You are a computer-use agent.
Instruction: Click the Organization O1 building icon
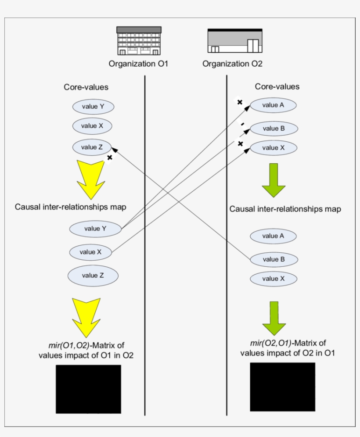[139, 41]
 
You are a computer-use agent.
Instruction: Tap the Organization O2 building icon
[234, 41]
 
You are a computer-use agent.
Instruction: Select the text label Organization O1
[138, 64]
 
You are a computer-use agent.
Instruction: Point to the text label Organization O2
[232, 64]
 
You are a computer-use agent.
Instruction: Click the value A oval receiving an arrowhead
[273, 105]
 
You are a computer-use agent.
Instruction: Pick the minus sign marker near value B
[242, 125]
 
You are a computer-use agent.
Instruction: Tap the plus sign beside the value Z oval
[110, 158]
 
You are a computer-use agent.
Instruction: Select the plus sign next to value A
[240, 102]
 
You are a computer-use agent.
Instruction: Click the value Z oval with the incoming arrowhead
[92, 147]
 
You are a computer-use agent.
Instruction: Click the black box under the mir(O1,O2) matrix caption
[88, 389]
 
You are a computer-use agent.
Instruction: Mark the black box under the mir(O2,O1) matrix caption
[282, 387]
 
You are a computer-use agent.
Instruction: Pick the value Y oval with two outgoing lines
[95, 229]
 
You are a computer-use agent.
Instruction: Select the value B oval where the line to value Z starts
[274, 259]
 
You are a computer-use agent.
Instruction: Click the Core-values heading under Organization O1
[86, 87]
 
